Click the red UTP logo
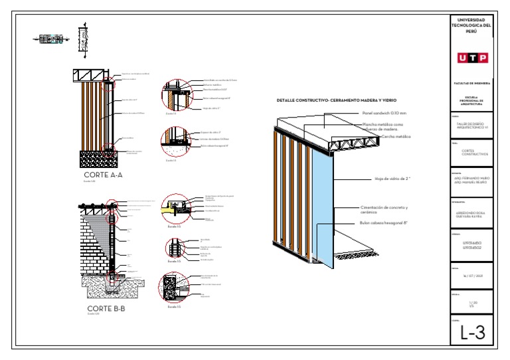click(471, 58)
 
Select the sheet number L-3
click(471, 333)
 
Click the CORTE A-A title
click(103, 175)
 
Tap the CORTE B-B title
click(106, 309)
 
